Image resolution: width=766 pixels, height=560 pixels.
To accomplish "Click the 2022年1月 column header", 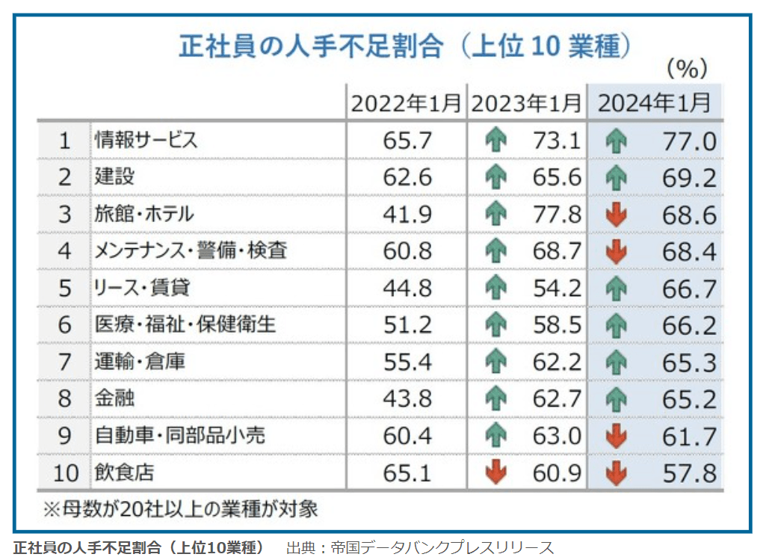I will tap(406, 103).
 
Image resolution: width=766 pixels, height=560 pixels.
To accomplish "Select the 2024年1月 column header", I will tap(655, 103).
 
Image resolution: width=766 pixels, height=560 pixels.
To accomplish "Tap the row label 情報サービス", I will tap(146, 140).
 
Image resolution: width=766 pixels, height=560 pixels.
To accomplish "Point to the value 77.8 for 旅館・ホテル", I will tap(557, 215).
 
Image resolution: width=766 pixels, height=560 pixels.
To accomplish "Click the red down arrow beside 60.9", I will tap(495, 473).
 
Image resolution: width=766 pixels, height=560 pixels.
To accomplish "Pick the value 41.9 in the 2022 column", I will tap(407, 215).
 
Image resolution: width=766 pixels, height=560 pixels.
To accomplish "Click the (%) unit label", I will tap(686, 70).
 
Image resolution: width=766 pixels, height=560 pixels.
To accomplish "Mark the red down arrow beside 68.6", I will tap(616, 215).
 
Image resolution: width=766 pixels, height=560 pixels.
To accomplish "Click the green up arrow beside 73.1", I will tap(495, 141).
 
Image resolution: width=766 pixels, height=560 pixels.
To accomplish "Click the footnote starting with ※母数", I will tap(180, 509).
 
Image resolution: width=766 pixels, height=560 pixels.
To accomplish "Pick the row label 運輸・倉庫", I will tap(140, 362).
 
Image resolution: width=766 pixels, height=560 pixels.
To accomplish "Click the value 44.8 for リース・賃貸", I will tap(407, 288).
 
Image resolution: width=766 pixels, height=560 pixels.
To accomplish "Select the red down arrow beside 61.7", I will tap(616, 436).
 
